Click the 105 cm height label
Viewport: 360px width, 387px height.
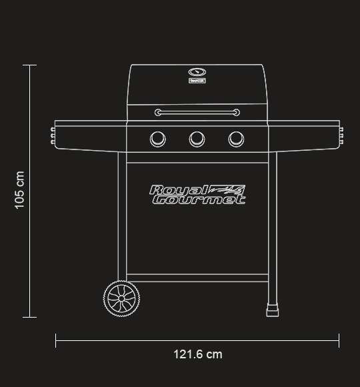click(19, 190)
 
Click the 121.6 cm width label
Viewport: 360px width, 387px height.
click(198, 354)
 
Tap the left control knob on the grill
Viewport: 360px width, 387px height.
click(158, 139)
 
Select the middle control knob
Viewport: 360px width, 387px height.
click(197, 139)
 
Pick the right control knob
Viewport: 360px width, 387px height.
click(236, 139)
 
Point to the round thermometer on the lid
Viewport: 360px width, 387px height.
click(197, 72)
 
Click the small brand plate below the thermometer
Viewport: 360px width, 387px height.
click(197, 81)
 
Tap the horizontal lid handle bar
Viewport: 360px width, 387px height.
click(197, 112)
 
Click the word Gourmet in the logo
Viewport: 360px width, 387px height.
click(198, 199)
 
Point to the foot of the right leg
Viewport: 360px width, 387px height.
click(272, 311)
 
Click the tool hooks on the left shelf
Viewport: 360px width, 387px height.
click(53, 135)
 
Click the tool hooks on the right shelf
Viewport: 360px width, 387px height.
click(341, 135)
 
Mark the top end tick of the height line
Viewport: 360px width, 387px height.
click(29, 65)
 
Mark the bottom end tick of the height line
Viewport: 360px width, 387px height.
click(29, 317)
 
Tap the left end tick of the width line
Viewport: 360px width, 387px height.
click(56, 341)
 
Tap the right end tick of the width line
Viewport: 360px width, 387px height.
click(339, 341)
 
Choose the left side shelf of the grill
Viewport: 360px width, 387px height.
click(91, 135)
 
